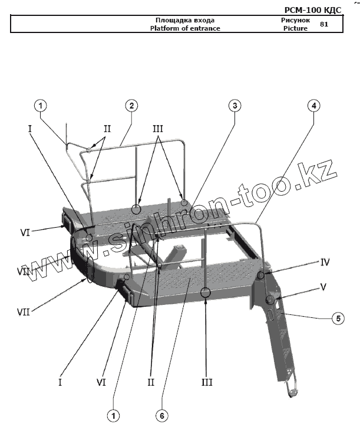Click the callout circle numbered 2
(x=131, y=106)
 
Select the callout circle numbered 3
(x=235, y=106)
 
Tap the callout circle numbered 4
(x=314, y=106)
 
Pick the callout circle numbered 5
(x=338, y=318)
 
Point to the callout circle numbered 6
(x=161, y=415)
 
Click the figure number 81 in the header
(x=324, y=24)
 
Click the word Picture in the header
(x=295, y=28)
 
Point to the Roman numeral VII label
(x=24, y=309)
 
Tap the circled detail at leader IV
(x=261, y=275)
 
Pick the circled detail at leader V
(x=270, y=301)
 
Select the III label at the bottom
(x=206, y=382)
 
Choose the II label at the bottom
(x=151, y=382)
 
